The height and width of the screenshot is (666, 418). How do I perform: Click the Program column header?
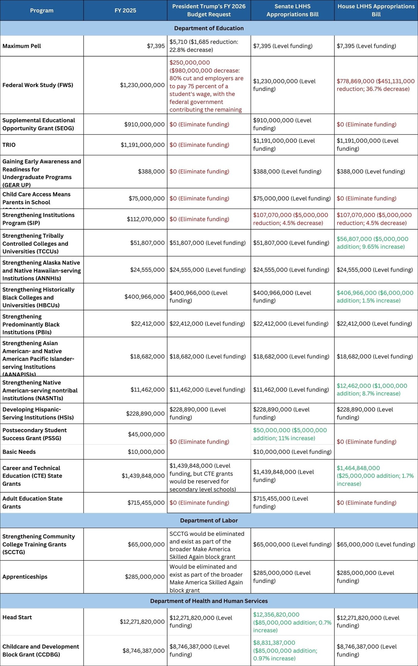(x=42, y=11)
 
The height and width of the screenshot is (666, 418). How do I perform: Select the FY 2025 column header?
(x=125, y=11)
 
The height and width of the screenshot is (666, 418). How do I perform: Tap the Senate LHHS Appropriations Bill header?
(x=292, y=11)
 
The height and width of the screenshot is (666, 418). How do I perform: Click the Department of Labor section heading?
(x=209, y=520)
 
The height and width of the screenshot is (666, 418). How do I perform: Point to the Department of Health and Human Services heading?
(x=209, y=601)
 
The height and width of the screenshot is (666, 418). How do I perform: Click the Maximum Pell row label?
(x=22, y=46)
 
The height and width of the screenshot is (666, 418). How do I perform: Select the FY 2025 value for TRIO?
(x=142, y=145)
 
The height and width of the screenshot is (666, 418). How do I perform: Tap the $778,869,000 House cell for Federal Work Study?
(x=375, y=85)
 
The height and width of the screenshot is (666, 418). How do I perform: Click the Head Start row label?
(x=17, y=617)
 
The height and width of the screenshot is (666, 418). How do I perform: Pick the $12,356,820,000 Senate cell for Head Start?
(x=292, y=622)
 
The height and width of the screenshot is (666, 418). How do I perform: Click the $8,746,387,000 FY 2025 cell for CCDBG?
(x=144, y=651)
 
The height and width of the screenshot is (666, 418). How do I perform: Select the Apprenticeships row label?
(x=25, y=577)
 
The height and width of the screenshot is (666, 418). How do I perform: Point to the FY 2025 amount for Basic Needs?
(x=146, y=452)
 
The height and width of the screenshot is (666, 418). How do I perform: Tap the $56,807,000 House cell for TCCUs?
(x=372, y=243)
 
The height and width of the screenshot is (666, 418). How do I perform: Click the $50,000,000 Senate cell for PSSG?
(x=290, y=434)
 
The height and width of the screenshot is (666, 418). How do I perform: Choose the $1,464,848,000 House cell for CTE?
(x=375, y=476)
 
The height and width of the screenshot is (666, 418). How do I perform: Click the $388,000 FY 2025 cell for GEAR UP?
(x=151, y=171)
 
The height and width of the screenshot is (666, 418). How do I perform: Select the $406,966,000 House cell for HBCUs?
(x=375, y=296)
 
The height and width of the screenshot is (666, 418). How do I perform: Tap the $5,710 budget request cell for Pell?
(x=204, y=46)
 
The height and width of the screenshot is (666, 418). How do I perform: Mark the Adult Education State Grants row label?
(x=32, y=502)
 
